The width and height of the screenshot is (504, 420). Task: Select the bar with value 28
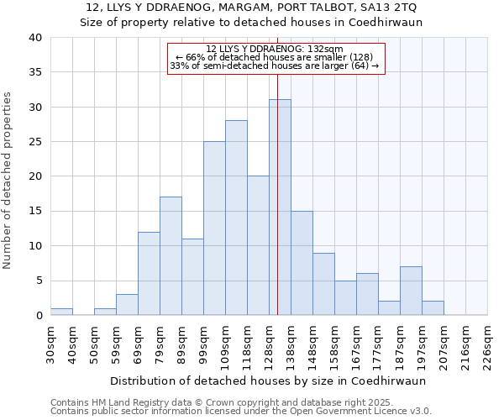236,218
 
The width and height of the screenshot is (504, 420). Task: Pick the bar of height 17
171,256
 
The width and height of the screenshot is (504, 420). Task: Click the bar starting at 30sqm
61,312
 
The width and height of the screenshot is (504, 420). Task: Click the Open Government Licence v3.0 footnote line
241,411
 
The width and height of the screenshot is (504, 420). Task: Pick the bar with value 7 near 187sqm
411,291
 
